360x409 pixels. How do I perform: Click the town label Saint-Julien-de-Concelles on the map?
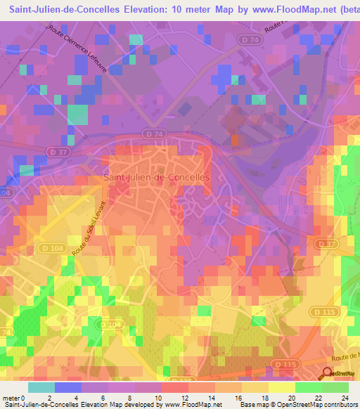click(157, 178)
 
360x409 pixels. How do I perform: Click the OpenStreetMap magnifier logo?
click(328, 373)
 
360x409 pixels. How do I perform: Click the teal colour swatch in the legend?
click(41, 387)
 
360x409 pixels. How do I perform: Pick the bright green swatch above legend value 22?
click(309, 387)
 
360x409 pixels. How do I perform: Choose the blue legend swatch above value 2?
click(68, 387)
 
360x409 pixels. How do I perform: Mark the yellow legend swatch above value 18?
click(255, 387)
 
